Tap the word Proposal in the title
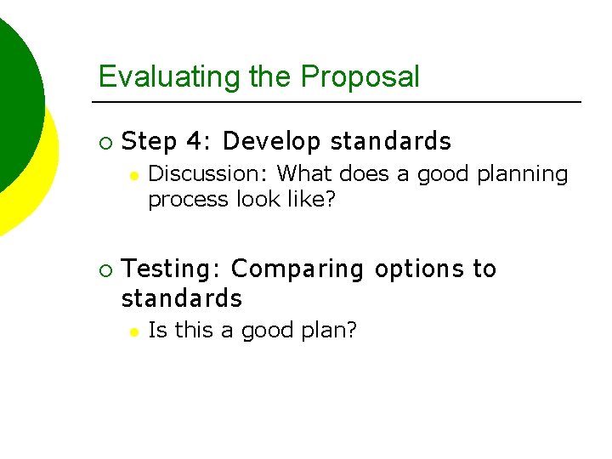[360, 76]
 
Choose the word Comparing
[297, 269]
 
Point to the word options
[419, 269]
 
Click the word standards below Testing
[182, 299]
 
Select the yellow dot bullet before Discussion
[133, 175]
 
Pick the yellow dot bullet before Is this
[133, 331]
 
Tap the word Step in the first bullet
[149, 141]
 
